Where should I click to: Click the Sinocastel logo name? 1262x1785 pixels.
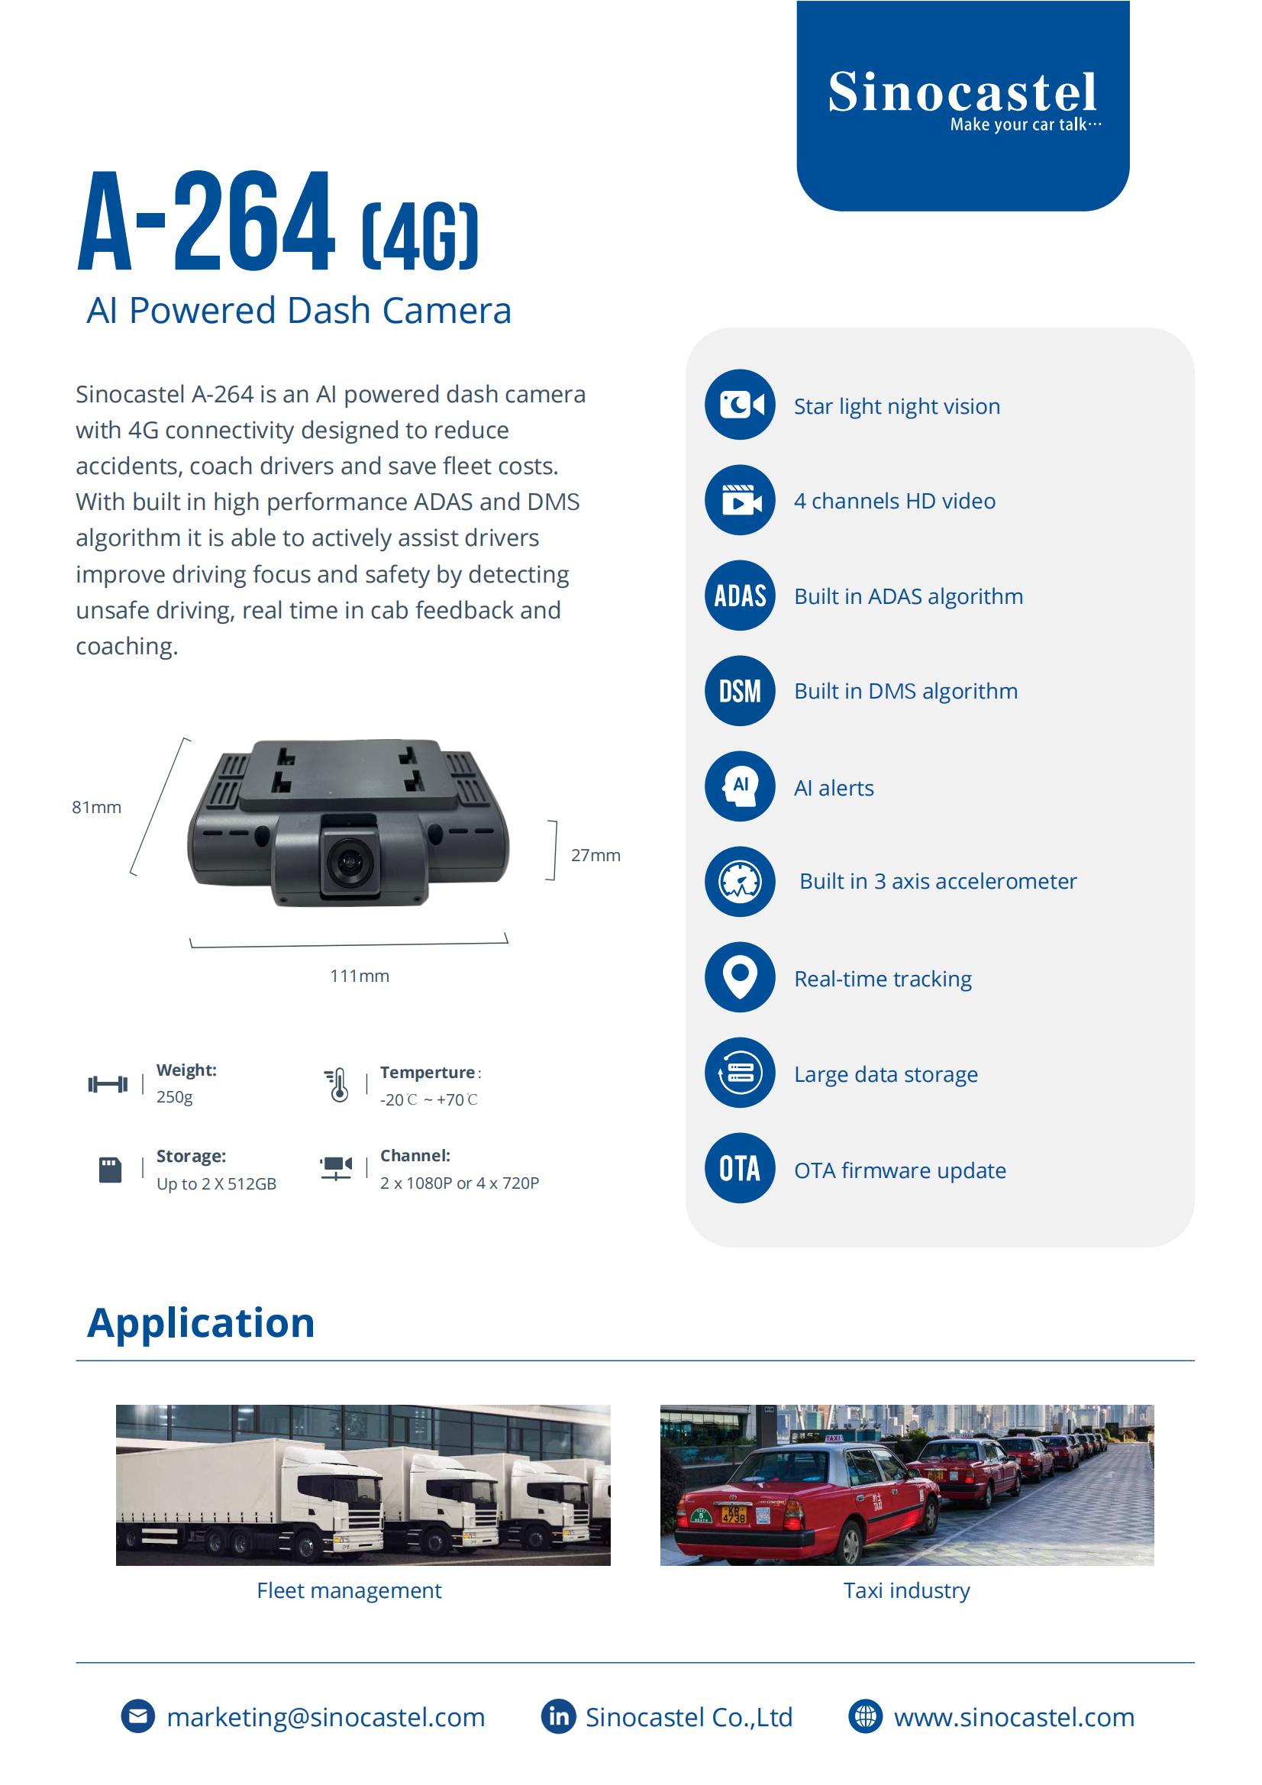(963, 92)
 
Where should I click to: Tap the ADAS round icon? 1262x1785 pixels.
(740, 596)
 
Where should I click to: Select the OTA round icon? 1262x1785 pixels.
(740, 1167)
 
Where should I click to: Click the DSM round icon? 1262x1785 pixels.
(740, 690)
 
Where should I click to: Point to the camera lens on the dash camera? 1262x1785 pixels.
(349, 860)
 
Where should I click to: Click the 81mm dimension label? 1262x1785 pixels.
(96, 807)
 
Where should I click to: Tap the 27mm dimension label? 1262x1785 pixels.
(595, 855)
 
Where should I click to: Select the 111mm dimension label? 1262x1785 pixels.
(360, 976)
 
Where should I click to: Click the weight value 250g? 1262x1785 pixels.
(174, 1097)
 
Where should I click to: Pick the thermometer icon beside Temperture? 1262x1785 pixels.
(337, 1086)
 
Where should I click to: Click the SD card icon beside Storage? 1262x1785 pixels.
(111, 1170)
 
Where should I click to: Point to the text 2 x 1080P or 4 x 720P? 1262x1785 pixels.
(459, 1183)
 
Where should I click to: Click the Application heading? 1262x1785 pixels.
(201, 1322)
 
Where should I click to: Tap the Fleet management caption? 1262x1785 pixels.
(349, 1590)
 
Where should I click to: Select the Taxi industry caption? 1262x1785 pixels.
(907, 1590)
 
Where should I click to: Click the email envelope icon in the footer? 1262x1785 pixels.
(138, 1716)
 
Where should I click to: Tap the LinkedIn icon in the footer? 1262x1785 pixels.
(558, 1716)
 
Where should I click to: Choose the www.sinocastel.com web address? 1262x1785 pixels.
(1014, 1716)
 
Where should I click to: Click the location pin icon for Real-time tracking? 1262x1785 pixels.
(740, 976)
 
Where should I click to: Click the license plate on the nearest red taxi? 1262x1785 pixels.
(734, 1514)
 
